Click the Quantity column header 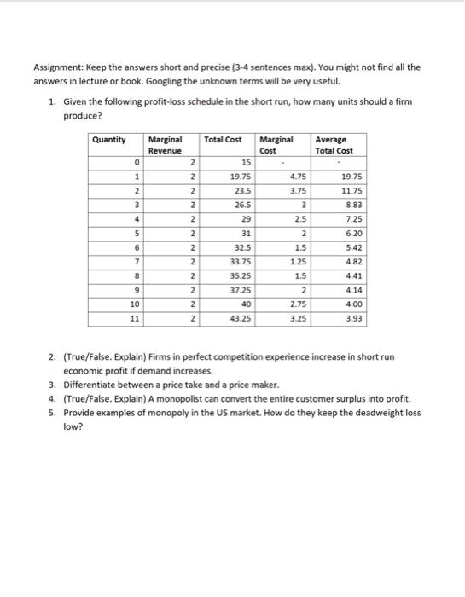108,139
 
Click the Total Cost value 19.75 240,176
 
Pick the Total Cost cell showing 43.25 240,317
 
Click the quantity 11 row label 133,317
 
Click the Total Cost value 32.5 241,246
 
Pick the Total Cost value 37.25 240,289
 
